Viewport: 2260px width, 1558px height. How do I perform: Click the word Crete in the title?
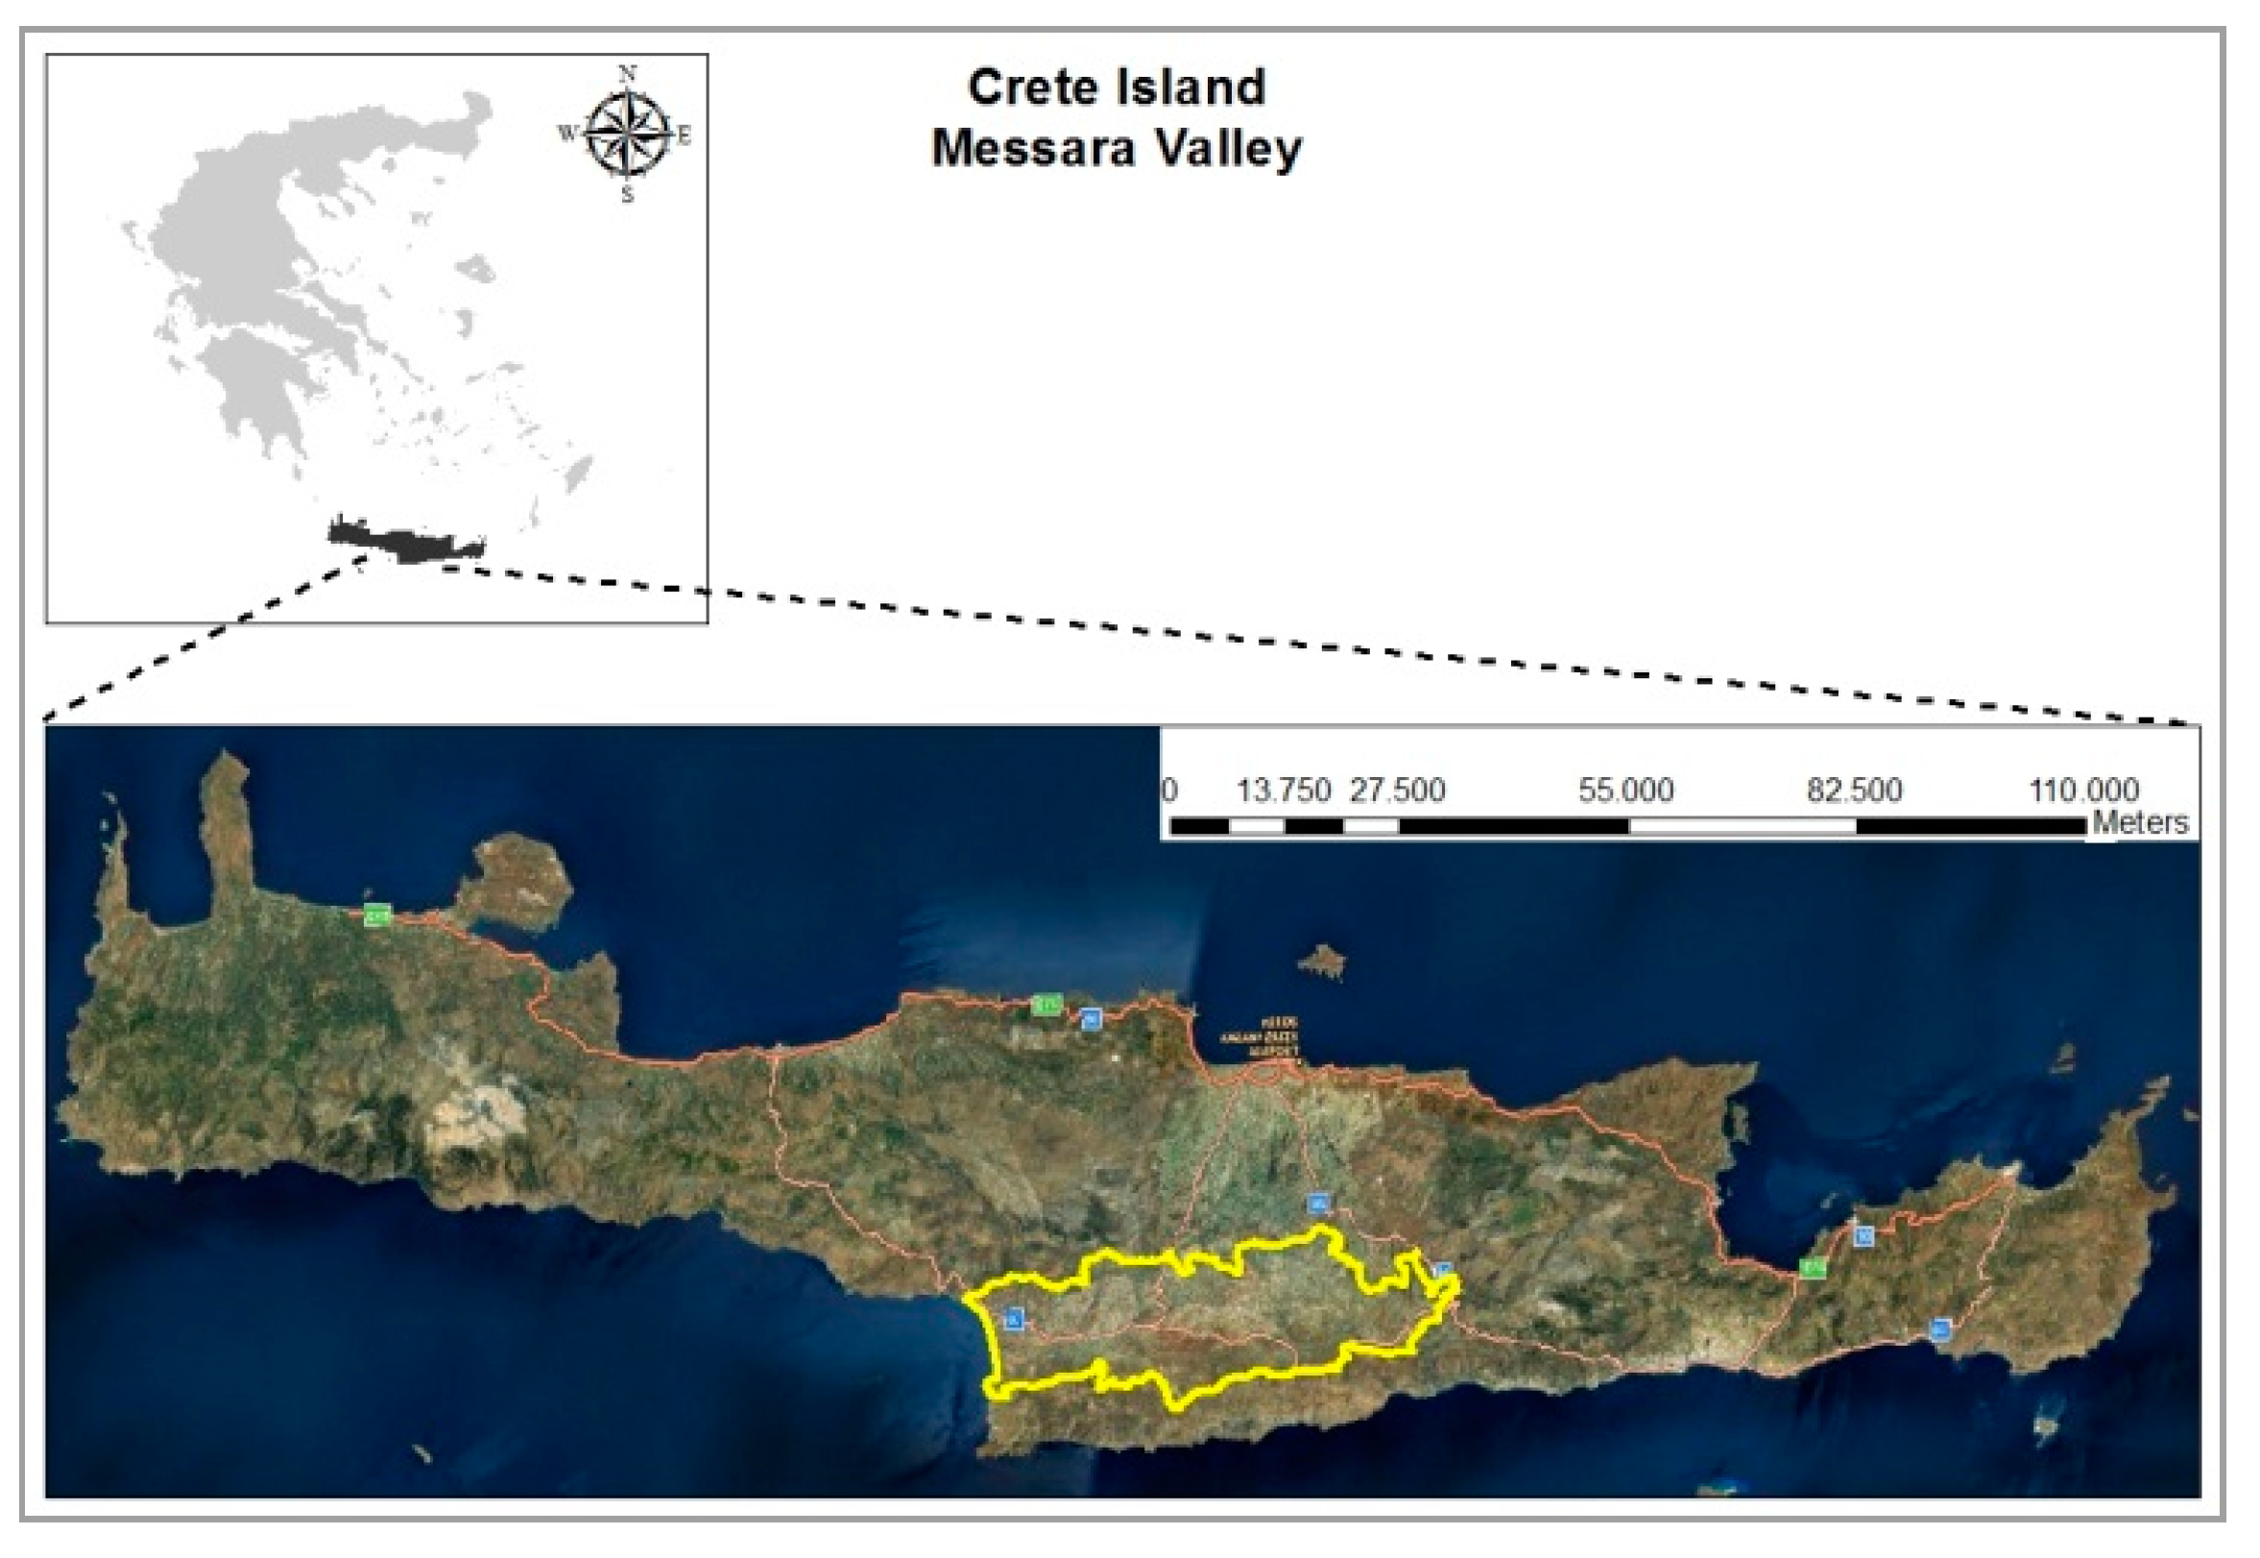pyautogui.click(x=1031, y=87)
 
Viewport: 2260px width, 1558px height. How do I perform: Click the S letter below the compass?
pyautogui.click(x=627, y=194)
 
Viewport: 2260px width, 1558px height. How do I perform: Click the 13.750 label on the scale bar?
pyautogui.click(x=1283, y=791)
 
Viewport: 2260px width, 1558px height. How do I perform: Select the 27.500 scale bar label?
pyautogui.click(x=1396, y=791)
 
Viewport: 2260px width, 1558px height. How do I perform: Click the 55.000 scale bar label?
pyautogui.click(x=1625, y=791)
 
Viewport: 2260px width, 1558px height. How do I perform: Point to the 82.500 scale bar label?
pyautogui.click(x=1854, y=791)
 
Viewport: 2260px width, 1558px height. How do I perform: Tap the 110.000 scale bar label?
pyautogui.click(x=2083, y=791)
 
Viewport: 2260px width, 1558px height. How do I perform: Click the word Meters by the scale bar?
pyautogui.click(x=2140, y=823)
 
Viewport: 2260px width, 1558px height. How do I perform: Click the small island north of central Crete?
pyautogui.click(x=1322, y=962)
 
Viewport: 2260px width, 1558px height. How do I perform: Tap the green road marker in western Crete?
pyautogui.click(x=376, y=915)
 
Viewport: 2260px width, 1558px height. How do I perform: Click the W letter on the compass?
pyautogui.click(x=566, y=133)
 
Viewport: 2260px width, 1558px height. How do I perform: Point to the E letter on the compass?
pyautogui.click(x=685, y=135)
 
